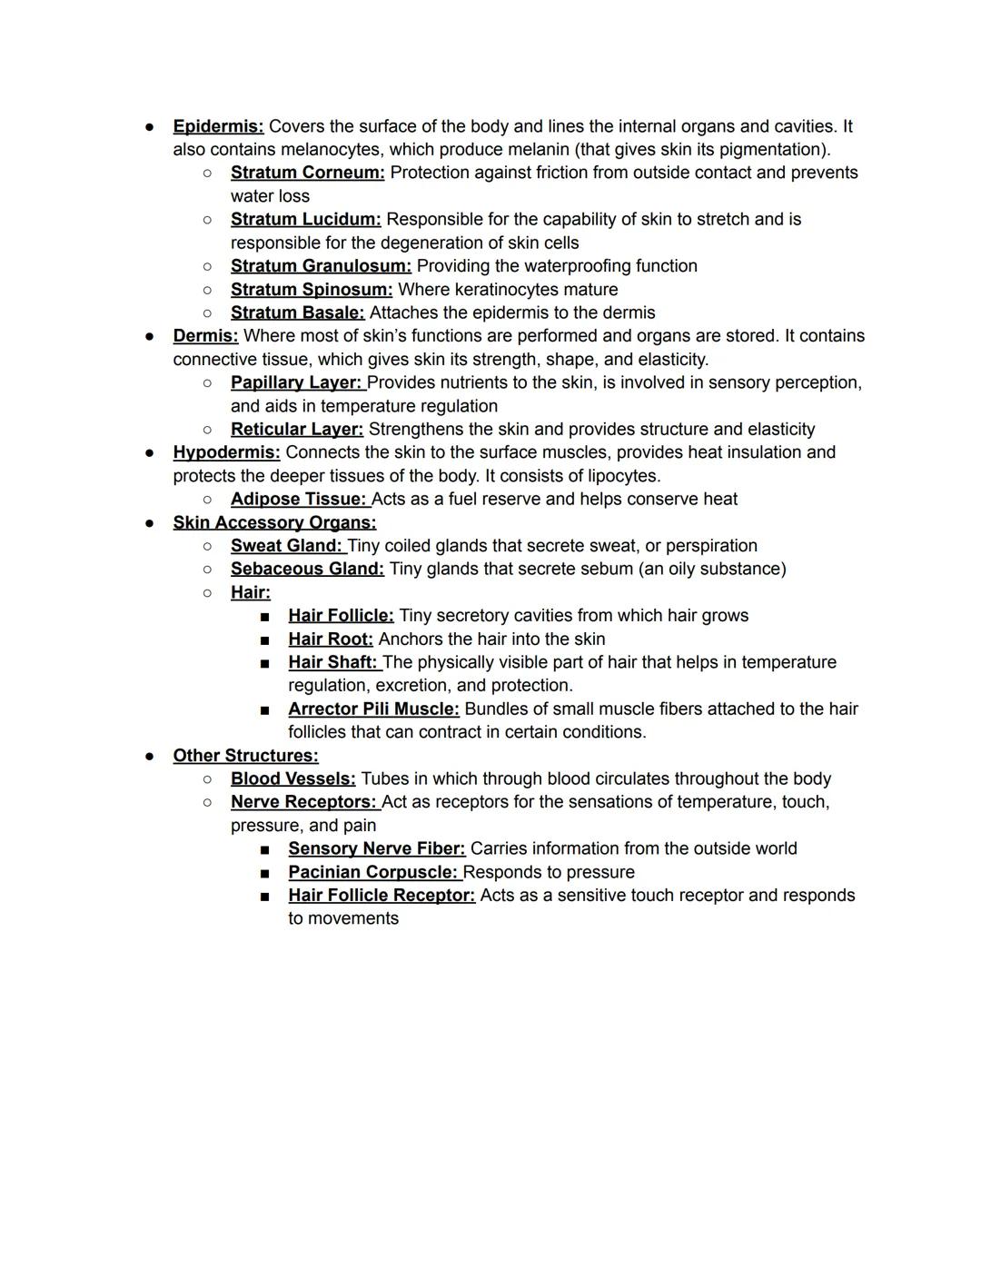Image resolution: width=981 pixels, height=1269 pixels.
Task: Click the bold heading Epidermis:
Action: click(218, 126)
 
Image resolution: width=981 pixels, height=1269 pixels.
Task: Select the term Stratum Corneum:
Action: click(307, 173)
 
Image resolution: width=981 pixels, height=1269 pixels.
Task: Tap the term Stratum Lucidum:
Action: click(305, 219)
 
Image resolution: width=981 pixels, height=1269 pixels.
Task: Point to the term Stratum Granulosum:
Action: click(321, 266)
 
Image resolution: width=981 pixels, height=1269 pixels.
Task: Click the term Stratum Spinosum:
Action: click(312, 290)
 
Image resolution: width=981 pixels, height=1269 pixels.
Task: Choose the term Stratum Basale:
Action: click(297, 312)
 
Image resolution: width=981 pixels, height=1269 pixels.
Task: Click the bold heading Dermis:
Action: click(205, 336)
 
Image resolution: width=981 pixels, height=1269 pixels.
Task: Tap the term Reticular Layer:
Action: click(296, 429)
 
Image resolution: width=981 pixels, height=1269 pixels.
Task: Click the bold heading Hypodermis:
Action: click(226, 452)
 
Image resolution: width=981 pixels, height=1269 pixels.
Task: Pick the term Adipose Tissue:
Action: click(298, 499)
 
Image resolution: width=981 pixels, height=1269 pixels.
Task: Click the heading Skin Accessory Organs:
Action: click(274, 522)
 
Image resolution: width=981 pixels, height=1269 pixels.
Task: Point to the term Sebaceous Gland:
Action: click(307, 569)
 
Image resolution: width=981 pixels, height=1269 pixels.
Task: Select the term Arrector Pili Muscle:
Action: click(373, 709)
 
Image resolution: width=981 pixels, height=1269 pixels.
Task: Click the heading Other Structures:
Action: click(245, 756)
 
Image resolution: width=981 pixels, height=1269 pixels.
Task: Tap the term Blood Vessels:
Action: click(292, 778)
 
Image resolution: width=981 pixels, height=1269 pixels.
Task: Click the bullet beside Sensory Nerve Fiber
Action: click(264, 849)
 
